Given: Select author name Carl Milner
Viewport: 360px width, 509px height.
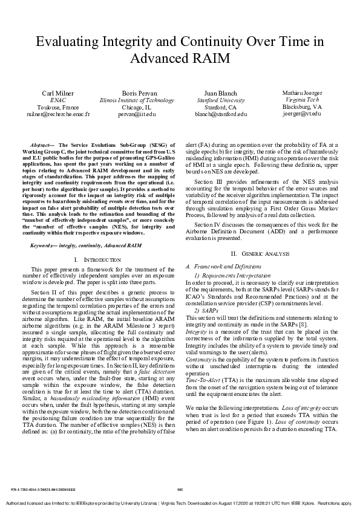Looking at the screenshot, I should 57,93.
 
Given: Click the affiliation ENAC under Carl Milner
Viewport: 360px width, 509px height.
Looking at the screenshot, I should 57,100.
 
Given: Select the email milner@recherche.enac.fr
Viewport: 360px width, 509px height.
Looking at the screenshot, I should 57,114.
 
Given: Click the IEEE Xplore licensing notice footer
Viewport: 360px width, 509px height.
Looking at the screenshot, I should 180,503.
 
